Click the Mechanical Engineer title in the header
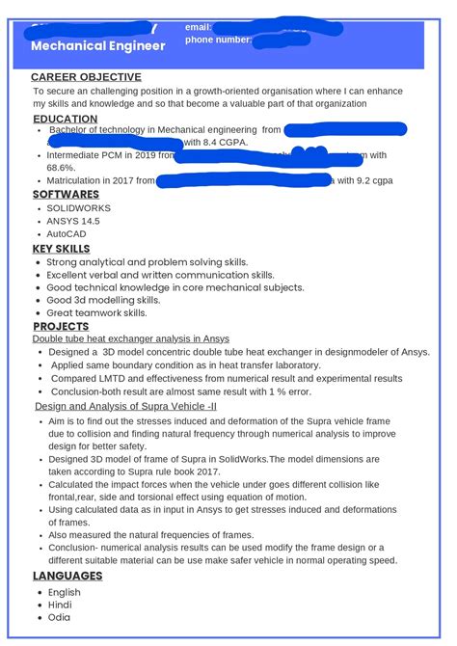click(x=98, y=46)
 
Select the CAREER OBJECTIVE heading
click(x=86, y=77)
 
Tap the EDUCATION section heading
click(x=65, y=119)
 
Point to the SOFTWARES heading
click(x=66, y=194)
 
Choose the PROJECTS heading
click(x=61, y=326)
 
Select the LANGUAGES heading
click(x=67, y=576)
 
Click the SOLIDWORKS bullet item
click(x=78, y=208)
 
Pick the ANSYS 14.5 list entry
click(x=73, y=221)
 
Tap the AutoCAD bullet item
click(x=67, y=234)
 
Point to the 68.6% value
click(x=60, y=167)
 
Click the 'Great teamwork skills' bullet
click(x=96, y=312)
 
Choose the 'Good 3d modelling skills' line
click(x=103, y=300)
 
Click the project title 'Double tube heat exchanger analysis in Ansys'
click(x=131, y=338)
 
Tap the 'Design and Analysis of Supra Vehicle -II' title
click(x=126, y=407)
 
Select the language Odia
click(x=59, y=618)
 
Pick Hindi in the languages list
click(x=60, y=605)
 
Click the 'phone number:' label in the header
click(x=218, y=40)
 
